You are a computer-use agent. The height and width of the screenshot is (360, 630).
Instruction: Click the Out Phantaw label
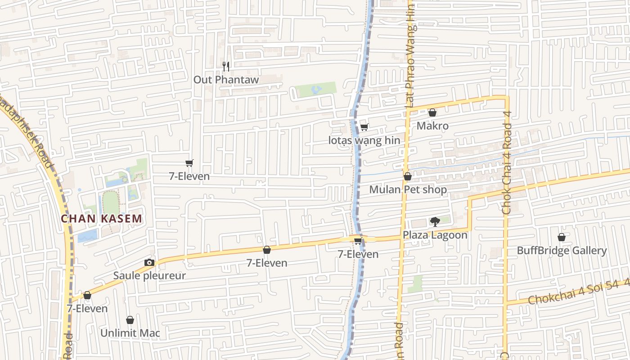pyautogui.click(x=226, y=80)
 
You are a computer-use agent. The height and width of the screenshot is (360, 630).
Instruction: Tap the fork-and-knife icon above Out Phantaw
pyautogui.click(x=226, y=67)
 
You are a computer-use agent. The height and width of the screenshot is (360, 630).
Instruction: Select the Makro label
pyautogui.click(x=432, y=126)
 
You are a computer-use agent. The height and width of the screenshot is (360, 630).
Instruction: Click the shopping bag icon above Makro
pyautogui.click(x=432, y=112)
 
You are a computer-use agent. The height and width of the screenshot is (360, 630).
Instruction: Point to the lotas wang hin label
pyautogui.click(x=364, y=140)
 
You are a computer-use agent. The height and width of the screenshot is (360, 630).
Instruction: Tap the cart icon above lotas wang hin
pyautogui.click(x=364, y=127)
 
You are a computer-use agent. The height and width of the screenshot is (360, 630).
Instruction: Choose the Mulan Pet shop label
pyautogui.click(x=408, y=189)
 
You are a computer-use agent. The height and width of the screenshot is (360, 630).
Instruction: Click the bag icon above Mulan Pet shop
pyautogui.click(x=407, y=176)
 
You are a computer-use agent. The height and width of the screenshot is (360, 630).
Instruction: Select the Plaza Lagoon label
pyautogui.click(x=435, y=235)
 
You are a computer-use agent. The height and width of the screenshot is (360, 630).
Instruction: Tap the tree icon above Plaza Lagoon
pyautogui.click(x=435, y=221)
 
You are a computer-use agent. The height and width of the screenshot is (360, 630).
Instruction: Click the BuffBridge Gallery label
pyautogui.click(x=562, y=250)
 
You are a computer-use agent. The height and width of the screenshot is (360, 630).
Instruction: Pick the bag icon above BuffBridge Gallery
pyautogui.click(x=562, y=237)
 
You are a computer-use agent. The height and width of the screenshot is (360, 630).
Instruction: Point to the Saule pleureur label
pyautogui.click(x=149, y=275)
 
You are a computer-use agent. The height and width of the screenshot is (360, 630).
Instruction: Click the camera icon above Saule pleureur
pyautogui.click(x=149, y=262)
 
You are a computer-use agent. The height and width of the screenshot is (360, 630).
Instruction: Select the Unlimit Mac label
pyautogui.click(x=130, y=333)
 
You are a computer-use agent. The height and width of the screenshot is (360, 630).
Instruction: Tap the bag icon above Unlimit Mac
pyautogui.click(x=130, y=320)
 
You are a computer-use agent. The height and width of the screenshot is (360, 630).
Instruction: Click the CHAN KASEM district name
pyautogui.click(x=102, y=219)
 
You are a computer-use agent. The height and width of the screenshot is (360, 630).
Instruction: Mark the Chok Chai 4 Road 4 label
pyautogui.click(x=507, y=162)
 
